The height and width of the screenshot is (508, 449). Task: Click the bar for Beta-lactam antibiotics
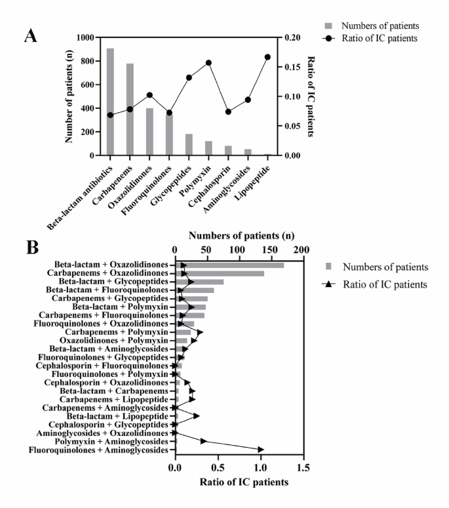[x=110, y=102]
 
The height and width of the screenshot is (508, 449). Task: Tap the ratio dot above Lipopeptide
[x=267, y=57]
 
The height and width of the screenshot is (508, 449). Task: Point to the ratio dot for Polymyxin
[x=208, y=63]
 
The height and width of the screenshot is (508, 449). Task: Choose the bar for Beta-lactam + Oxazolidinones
[x=229, y=265]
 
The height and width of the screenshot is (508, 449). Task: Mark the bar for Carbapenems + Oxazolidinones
[x=220, y=273]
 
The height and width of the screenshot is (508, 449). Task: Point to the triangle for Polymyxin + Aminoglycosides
[x=204, y=441]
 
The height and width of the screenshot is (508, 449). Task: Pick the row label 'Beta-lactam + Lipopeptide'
[x=117, y=416]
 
